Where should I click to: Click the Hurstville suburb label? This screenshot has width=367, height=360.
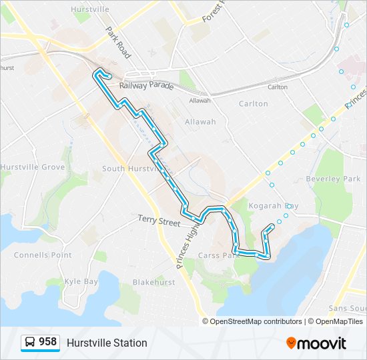click(90, 10)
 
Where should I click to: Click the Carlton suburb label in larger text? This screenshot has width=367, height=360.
click(253, 104)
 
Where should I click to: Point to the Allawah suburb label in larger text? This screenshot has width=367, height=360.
click(201, 122)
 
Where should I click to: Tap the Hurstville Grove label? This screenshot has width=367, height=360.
click(32, 167)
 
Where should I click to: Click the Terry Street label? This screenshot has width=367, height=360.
click(159, 220)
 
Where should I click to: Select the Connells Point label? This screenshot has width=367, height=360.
click(43, 255)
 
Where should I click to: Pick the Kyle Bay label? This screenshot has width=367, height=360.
click(81, 281)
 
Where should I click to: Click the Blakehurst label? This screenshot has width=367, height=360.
click(153, 282)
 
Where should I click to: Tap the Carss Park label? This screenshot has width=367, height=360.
click(219, 255)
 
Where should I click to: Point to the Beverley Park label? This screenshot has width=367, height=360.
click(333, 179)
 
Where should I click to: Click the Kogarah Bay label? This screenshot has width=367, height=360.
click(273, 206)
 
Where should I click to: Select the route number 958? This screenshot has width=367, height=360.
click(47, 342)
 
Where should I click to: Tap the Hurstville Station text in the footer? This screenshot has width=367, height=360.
click(107, 343)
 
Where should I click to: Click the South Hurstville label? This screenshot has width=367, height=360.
click(131, 169)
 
